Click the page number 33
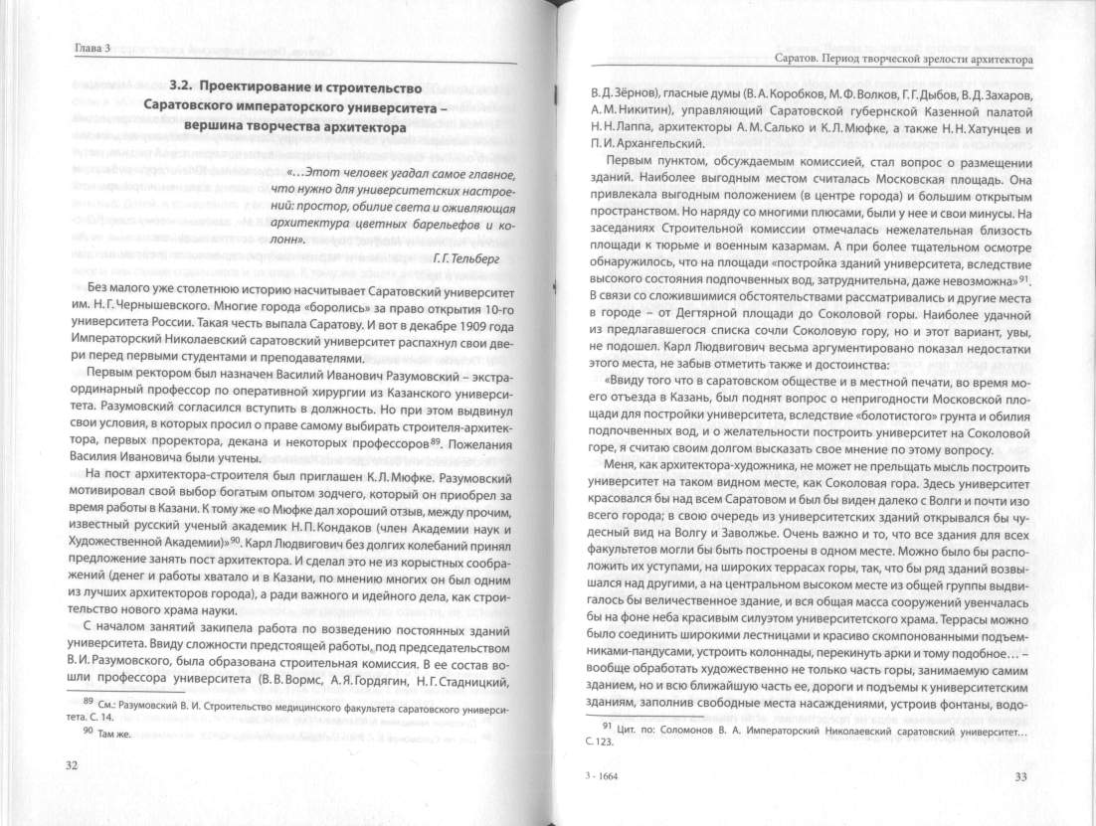pos(1020,776)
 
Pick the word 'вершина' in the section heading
pos(227,127)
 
